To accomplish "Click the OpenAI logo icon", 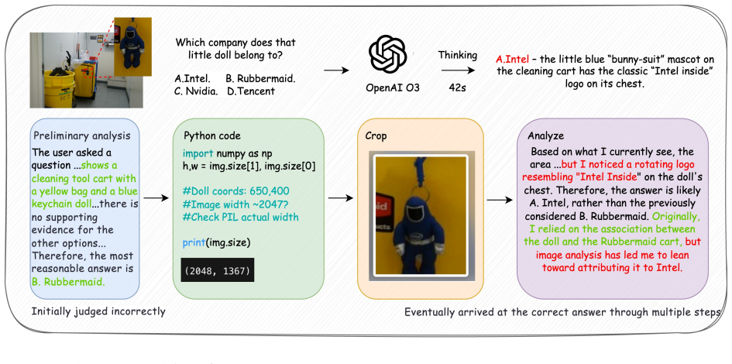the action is tap(387, 54).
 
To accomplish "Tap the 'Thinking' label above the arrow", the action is tap(458, 56).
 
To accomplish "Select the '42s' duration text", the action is tap(458, 88).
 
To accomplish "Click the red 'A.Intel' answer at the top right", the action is tap(513, 60).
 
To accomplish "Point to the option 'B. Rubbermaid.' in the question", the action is tap(260, 78).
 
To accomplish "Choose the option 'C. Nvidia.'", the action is tap(196, 91).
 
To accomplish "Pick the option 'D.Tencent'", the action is tap(251, 91).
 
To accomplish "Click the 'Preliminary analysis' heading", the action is tap(81, 136).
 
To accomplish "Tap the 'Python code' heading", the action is tap(212, 136).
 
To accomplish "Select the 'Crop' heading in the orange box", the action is tap(376, 136).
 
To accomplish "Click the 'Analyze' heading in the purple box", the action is tap(546, 136).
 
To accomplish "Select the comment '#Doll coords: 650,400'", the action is tap(236, 191).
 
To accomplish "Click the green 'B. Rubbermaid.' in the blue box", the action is tap(69, 282).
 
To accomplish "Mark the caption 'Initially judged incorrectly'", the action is tap(98, 311).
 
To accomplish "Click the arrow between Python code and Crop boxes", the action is tap(341, 198).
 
